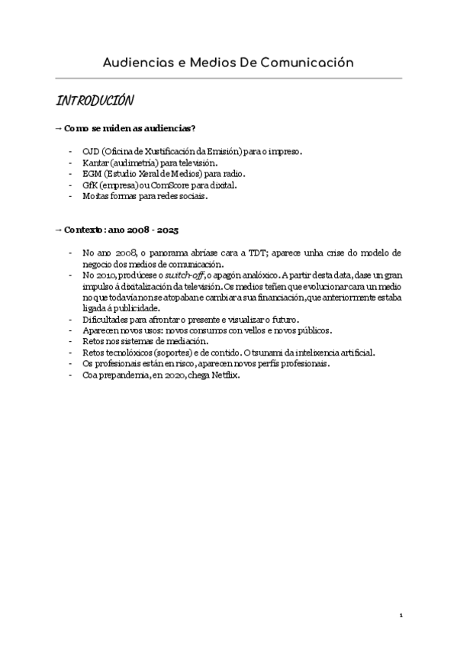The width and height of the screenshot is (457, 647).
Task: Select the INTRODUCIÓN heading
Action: [95, 102]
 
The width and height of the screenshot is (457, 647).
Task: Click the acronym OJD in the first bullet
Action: [92, 152]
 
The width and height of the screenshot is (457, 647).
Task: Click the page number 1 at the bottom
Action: [400, 614]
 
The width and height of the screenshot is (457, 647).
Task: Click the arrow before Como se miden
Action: [58, 129]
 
